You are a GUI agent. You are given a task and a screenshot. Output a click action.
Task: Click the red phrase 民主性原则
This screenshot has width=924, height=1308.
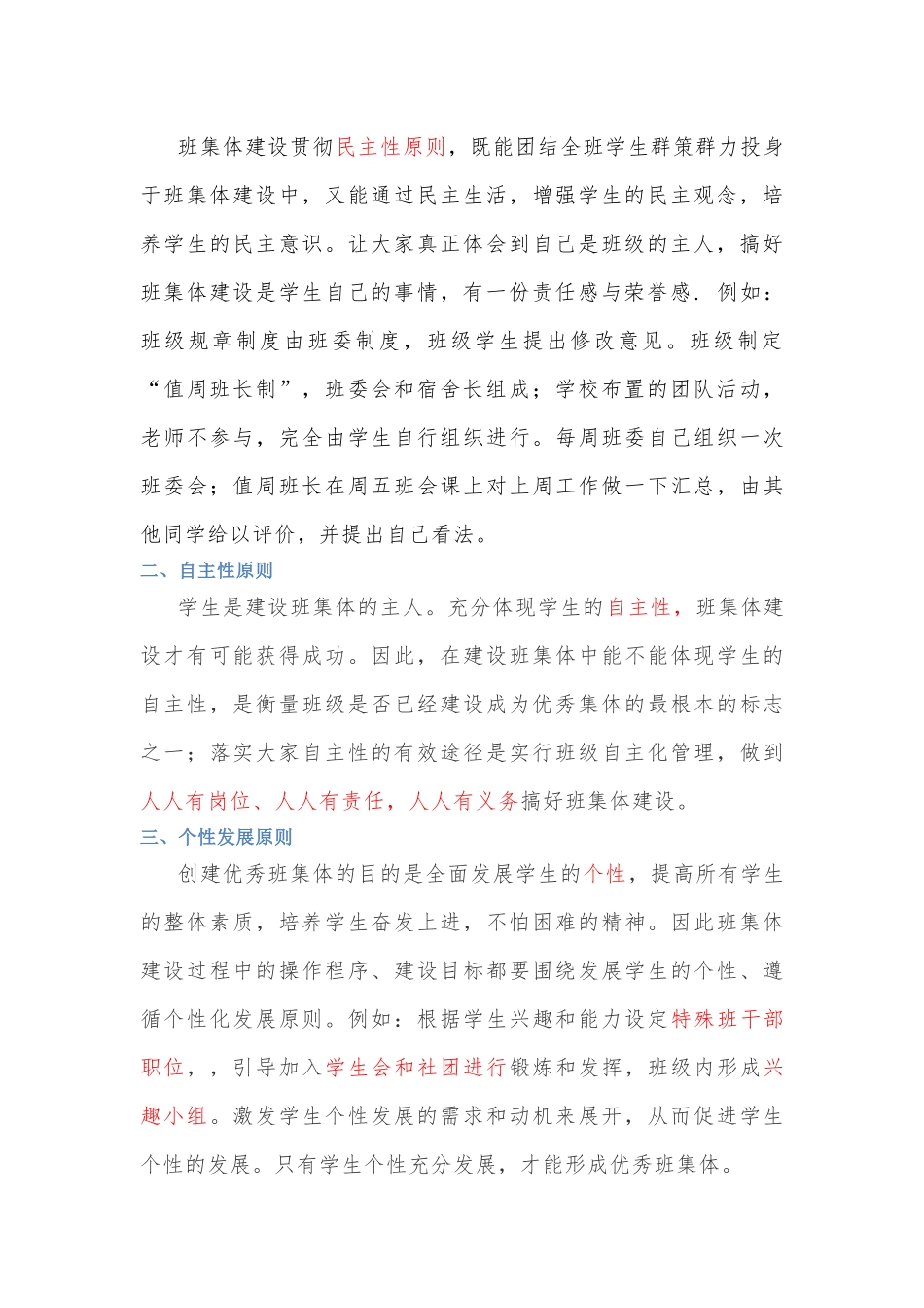(391, 147)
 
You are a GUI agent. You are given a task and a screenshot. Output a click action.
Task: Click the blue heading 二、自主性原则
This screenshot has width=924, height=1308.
(206, 570)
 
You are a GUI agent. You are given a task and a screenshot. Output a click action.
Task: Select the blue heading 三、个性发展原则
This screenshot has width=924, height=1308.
(216, 837)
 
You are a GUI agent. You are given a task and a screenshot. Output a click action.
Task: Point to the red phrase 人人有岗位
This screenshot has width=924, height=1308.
(195, 801)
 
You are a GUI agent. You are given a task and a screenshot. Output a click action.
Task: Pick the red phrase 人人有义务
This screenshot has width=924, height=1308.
(463, 801)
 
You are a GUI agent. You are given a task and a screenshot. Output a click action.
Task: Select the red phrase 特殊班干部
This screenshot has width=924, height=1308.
(728, 1019)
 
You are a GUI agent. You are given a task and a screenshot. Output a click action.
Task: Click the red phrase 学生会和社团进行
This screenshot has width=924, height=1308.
(415, 1068)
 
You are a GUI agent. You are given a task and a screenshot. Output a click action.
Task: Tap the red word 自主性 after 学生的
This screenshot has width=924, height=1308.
(639, 607)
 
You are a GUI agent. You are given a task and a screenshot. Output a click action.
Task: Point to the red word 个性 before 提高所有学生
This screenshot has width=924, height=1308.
(604, 874)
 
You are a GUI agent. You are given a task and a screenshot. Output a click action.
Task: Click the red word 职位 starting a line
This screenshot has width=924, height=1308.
(162, 1068)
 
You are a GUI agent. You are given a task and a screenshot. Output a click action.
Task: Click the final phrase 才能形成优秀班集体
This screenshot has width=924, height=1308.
(622, 1164)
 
